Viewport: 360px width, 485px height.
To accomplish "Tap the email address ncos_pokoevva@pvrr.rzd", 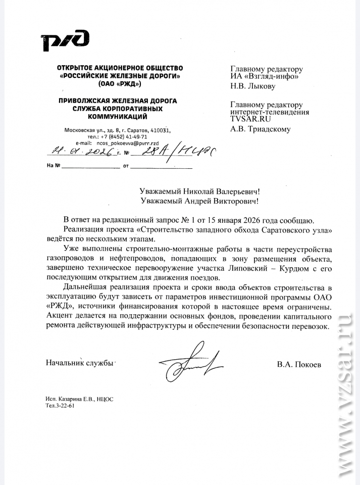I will [x=120, y=143].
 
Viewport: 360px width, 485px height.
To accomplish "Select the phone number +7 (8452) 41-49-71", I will [x=124, y=137].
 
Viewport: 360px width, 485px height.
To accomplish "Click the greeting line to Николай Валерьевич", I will [x=201, y=191].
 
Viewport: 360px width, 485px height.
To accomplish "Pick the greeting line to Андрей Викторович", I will [x=201, y=201].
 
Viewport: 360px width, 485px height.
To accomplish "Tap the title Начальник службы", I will [x=79, y=363].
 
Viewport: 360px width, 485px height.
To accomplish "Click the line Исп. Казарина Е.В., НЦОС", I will [x=79, y=399].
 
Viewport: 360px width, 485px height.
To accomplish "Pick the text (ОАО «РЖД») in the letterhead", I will [x=120, y=84].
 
